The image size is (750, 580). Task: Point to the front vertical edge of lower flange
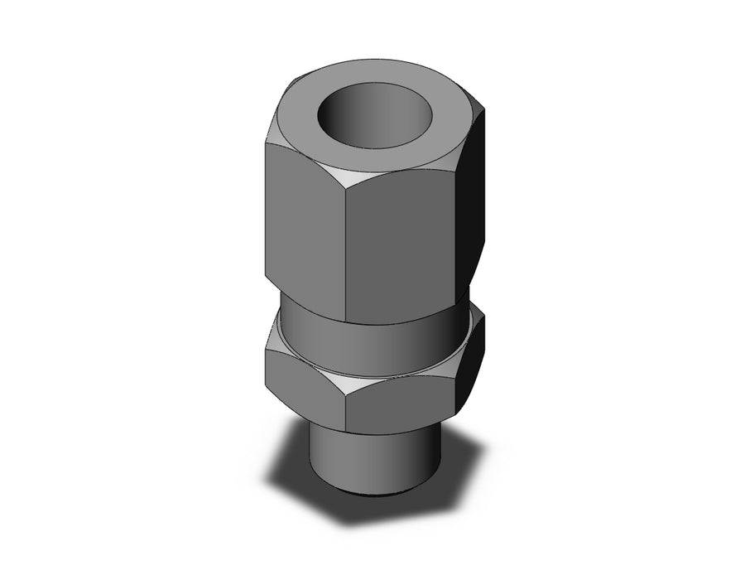[x=347, y=406]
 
